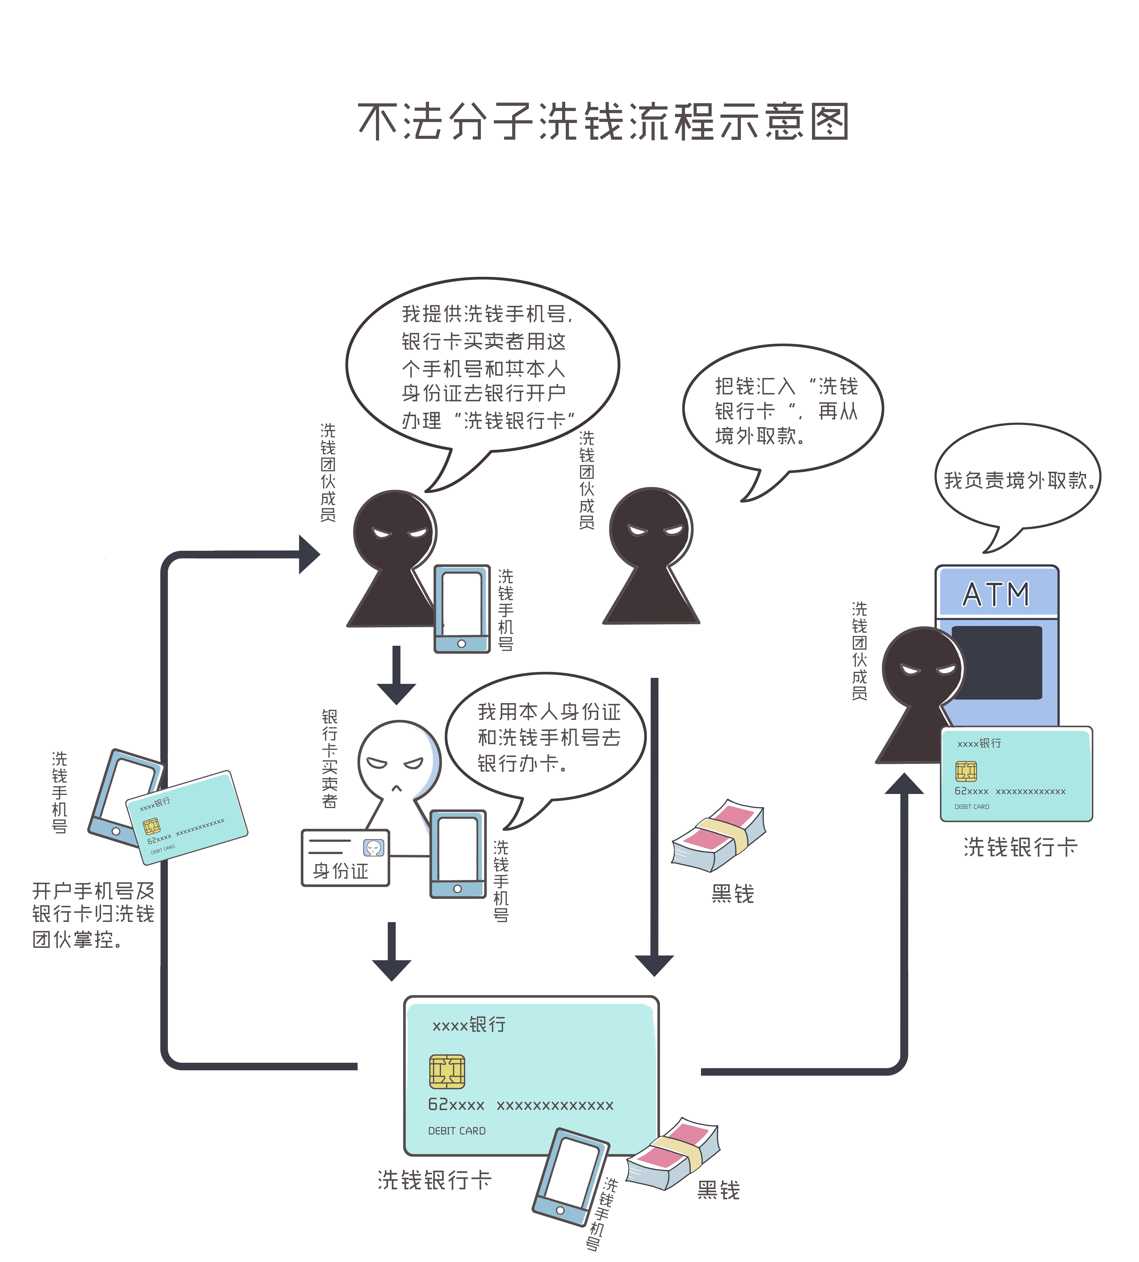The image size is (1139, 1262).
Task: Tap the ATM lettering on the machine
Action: [996, 594]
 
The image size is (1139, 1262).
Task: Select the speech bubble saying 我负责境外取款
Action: [1017, 479]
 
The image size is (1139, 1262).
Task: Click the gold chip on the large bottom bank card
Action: [447, 1072]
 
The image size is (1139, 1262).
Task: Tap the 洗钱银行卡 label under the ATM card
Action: [1020, 847]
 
